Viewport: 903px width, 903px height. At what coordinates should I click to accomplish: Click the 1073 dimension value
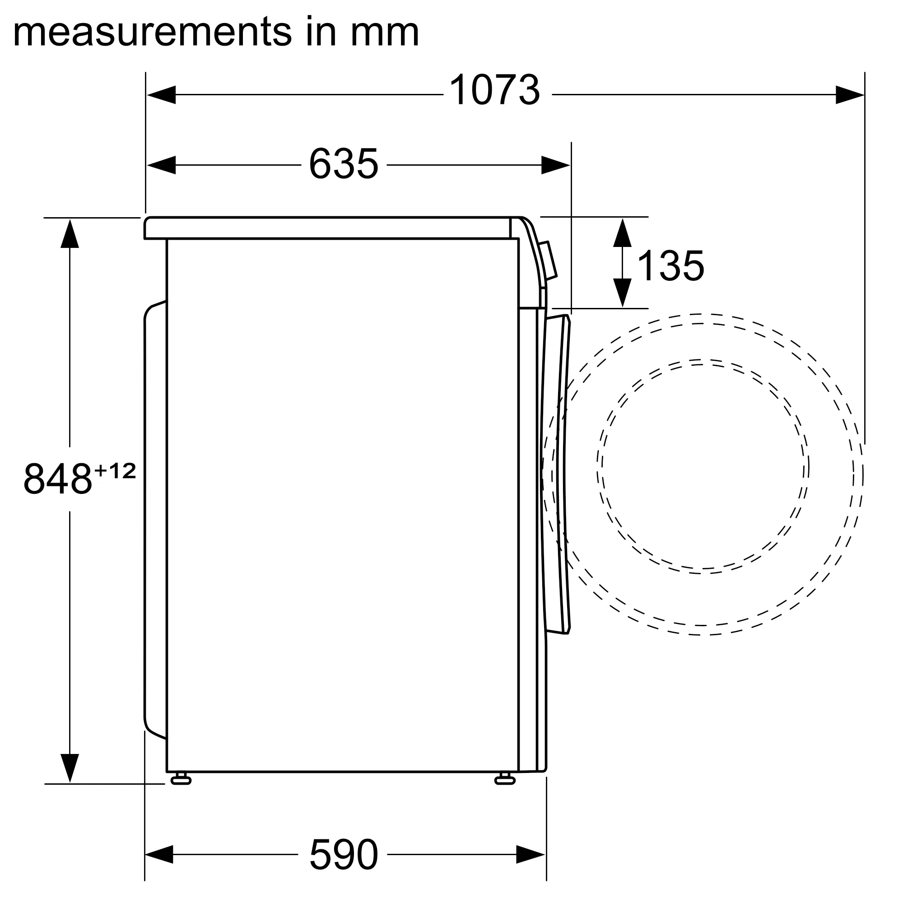[494, 90]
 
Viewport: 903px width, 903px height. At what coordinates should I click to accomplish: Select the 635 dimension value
[344, 163]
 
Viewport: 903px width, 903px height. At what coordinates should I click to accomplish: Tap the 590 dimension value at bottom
[344, 854]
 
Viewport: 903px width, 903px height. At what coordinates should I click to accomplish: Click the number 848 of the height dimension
[58, 479]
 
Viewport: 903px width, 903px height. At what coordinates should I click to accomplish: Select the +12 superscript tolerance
[115, 470]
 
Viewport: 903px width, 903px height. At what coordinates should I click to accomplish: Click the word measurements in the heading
[152, 32]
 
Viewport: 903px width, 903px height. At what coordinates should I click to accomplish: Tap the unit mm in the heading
[384, 32]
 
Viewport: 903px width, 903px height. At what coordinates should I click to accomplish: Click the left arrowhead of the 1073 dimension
[161, 95]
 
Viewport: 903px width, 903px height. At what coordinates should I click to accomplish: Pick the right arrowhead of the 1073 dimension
[850, 95]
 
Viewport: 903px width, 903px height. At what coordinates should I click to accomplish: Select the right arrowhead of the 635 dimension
[556, 165]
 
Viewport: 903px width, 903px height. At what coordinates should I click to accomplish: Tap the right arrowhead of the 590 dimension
[531, 854]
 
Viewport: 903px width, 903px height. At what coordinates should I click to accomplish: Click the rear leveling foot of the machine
[181, 778]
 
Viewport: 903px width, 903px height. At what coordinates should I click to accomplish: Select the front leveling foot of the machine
[505, 778]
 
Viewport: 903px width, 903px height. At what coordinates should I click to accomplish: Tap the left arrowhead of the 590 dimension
[159, 854]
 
